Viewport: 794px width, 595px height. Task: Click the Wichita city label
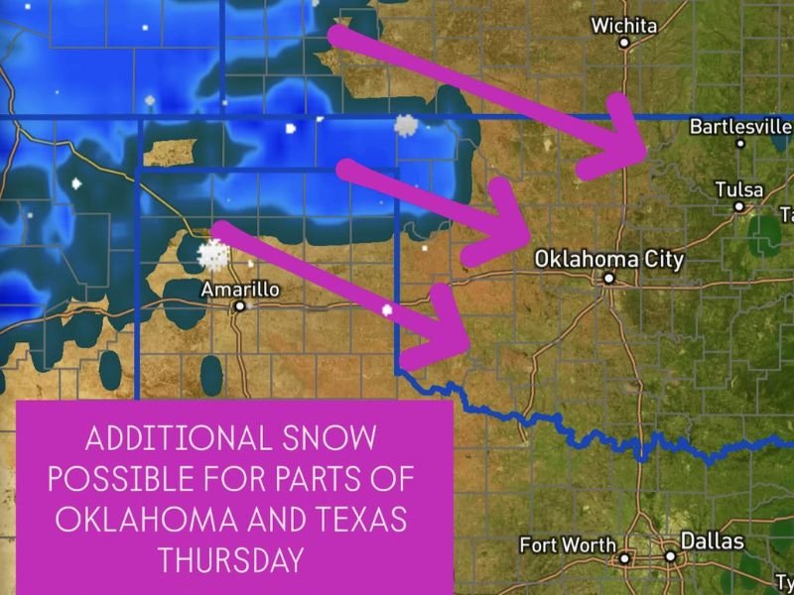point(624,26)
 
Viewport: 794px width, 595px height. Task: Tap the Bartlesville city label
point(740,127)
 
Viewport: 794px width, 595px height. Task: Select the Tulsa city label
point(739,189)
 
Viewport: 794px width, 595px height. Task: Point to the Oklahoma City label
point(608,260)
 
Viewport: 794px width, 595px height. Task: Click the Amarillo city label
point(239,290)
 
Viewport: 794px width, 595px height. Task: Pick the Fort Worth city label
point(567,545)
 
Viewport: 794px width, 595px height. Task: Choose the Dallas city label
point(711,542)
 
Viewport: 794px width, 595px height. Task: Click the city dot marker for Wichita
point(624,43)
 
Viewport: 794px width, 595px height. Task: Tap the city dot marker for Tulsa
point(738,206)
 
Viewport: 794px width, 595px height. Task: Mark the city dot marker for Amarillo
point(239,306)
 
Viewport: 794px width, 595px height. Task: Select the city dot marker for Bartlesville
point(740,143)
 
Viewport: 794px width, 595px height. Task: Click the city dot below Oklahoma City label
point(608,279)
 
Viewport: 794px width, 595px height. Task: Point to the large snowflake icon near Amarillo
point(210,254)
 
